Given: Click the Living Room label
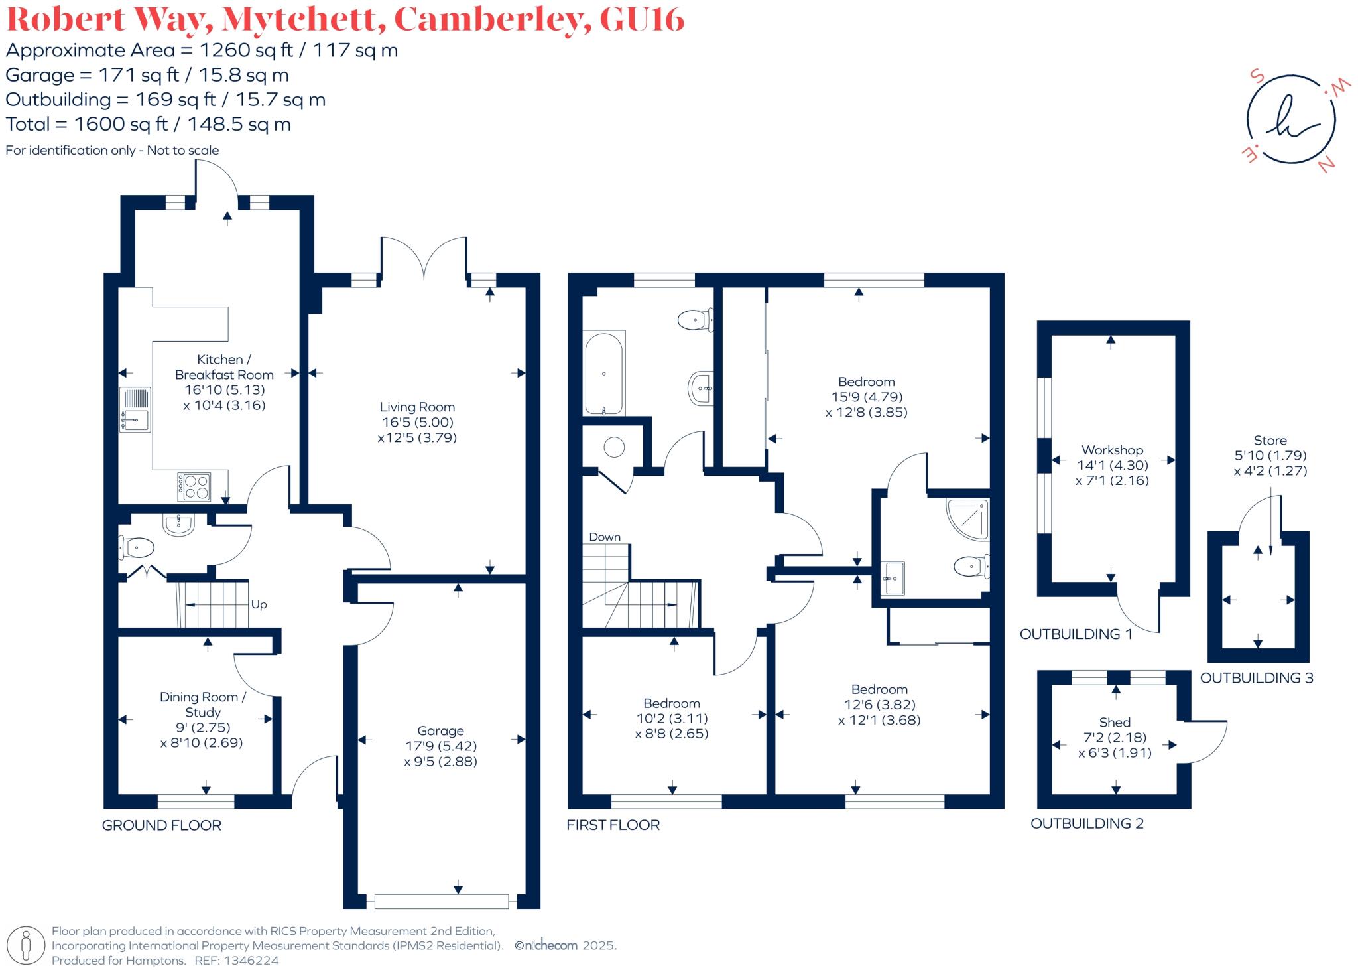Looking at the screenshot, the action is [x=417, y=407].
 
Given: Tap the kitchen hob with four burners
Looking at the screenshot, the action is [x=194, y=486].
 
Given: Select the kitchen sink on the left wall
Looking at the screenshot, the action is [x=135, y=409].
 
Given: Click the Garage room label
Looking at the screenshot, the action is [x=440, y=731].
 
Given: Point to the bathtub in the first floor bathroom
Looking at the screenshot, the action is [x=603, y=374].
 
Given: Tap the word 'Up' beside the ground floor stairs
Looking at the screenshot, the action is [x=259, y=604].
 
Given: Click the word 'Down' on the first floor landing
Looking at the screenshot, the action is [x=605, y=537].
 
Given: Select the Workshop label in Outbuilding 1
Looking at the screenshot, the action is [x=1112, y=450].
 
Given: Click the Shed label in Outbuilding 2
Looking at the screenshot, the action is [x=1115, y=722].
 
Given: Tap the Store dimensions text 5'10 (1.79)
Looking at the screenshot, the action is [x=1270, y=456].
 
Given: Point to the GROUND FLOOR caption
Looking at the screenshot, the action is [x=161, y=825].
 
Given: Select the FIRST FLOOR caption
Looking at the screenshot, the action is [x=613, y=825].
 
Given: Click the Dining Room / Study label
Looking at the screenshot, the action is [x=203, y=704].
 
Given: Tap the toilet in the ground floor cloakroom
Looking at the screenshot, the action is [x=137, y=548].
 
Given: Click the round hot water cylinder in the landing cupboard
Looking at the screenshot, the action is [x=615, y=447].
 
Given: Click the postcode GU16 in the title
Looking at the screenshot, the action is [x=641, y=19].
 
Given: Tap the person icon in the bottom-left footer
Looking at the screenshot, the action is [x=26, y=945].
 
